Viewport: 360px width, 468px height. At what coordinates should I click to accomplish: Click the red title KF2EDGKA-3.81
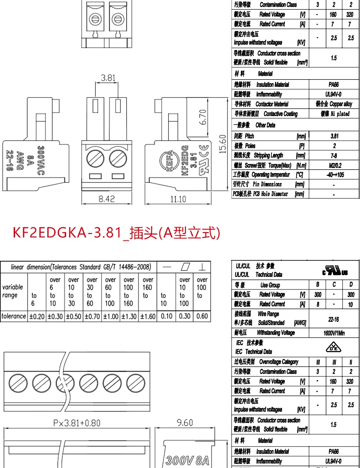point(116,233)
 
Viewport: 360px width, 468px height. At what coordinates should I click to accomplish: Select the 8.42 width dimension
point(107,198)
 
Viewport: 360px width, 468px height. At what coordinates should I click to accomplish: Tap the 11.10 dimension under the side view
point(178,198)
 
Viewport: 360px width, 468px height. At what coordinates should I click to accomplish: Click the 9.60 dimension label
point(185,423)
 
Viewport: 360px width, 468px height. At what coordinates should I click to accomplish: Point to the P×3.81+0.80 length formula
point(77,423)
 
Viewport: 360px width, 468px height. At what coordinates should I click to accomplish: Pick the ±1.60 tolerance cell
point(148,316)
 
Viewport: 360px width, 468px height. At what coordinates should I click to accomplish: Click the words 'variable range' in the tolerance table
point(13,291)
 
